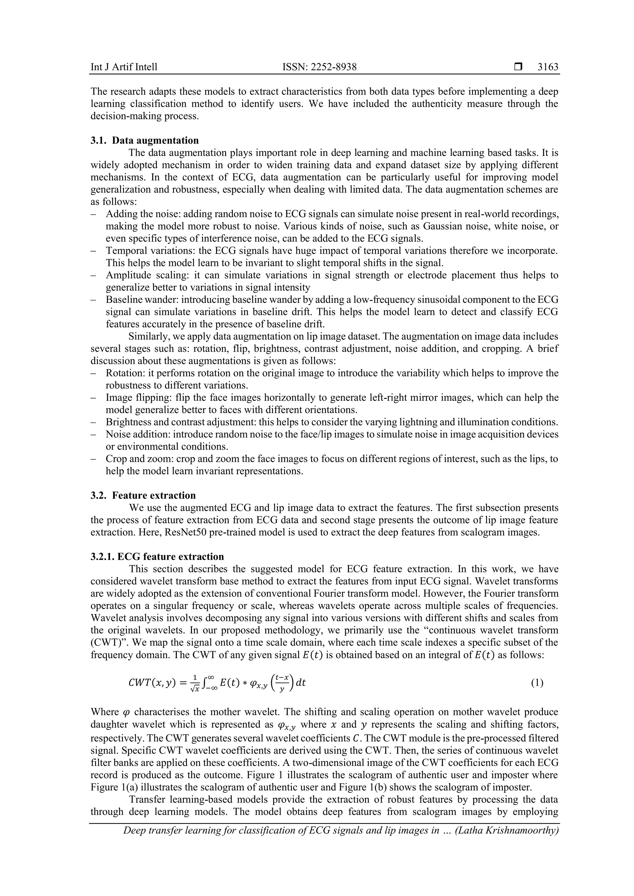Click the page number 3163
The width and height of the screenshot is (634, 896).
coord(548,67)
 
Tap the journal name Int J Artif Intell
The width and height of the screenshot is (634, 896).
coord(124,67)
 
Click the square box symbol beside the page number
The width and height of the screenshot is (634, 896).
coord(518,67)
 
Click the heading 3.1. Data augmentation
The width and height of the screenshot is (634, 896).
coord(145,140)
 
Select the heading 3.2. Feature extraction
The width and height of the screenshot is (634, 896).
coord(143,496)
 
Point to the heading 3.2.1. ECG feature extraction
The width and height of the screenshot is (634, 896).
coord(157,557)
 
